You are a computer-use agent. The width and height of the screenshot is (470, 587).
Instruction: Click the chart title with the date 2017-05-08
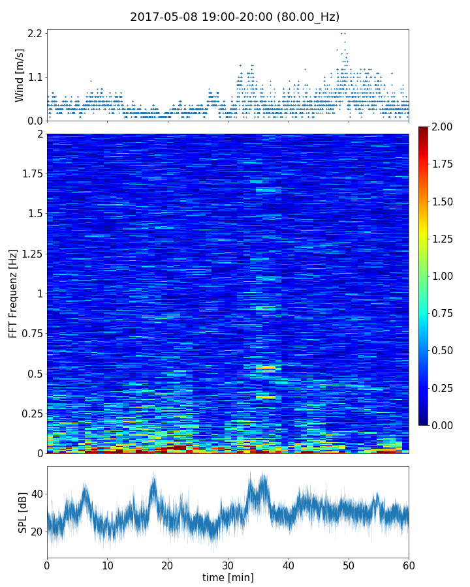click(x=235, y=17)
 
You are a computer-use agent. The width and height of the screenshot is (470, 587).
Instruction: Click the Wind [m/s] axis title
click(x=19, y=75)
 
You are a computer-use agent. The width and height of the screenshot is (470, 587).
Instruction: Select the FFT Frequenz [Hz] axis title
click(x=13, y=293)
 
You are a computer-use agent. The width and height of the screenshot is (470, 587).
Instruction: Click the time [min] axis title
click(x=228, y=577)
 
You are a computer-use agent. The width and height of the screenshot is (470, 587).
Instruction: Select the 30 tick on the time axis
click(x=228, y=565)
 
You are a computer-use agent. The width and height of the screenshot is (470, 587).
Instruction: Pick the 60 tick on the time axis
click(x=409, y=565)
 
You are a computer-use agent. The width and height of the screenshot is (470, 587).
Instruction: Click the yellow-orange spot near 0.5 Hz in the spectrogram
click(x=266, y=369)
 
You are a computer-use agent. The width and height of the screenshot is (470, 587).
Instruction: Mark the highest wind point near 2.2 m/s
click(x=343, y=33)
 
